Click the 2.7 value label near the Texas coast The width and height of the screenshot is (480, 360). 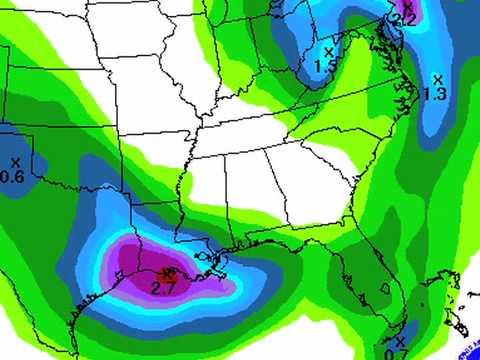[162, 288]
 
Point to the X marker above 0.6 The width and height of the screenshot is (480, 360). [15, 161]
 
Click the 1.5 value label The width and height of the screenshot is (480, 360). [324, 66]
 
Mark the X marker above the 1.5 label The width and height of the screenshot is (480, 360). [329, 51]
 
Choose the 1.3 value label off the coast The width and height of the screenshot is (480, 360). [434, 93]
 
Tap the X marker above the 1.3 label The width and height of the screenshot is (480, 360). [438, 78]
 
